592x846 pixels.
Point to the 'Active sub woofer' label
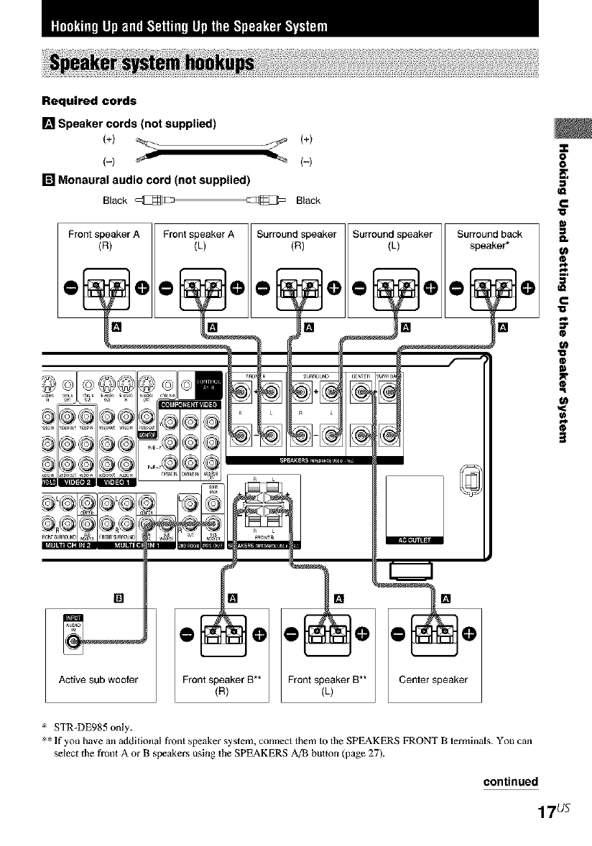tap(100, 679)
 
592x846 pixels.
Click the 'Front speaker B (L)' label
tap(328, 685)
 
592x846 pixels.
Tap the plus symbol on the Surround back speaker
tap(528, 288)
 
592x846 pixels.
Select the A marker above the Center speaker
tap(446, 598)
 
